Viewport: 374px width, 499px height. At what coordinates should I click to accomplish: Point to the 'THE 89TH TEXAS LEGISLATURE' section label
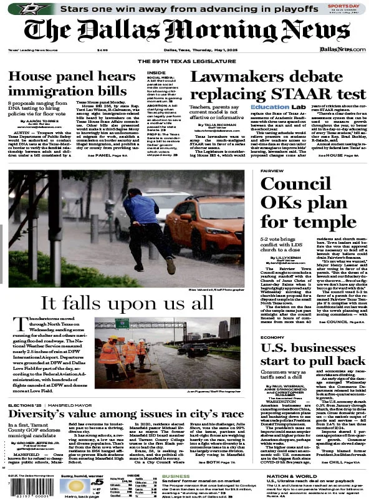click(x=186, y=61)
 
